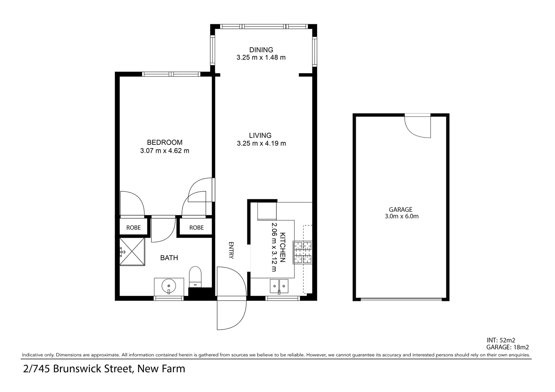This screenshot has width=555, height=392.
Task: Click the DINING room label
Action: click(x=261, y=50)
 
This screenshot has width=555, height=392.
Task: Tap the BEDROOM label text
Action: click(x=165, y=142)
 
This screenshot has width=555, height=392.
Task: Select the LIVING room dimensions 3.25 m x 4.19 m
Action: click(x=261, y=143)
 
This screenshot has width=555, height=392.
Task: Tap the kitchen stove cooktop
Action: click(x=303, y=252)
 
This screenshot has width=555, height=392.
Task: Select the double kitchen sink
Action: click(x=279, y=286)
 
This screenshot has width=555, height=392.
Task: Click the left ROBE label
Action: click(x=133, y=228)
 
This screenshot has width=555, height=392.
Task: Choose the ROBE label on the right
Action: click(x=197, y=228)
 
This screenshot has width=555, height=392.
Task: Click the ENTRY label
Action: click(x=231, y=250)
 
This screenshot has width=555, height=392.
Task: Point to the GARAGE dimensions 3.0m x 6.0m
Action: click(x=402, y=216)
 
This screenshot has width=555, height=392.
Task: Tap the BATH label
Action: click(x=169, y=258)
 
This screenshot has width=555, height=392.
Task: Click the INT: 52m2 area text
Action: click(x=501, y=340)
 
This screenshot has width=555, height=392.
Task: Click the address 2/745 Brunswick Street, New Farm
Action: click(x=104, y=369)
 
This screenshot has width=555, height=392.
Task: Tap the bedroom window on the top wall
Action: click(x=171, y=74)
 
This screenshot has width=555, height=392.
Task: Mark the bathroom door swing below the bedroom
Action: click(x=162, y=230)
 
